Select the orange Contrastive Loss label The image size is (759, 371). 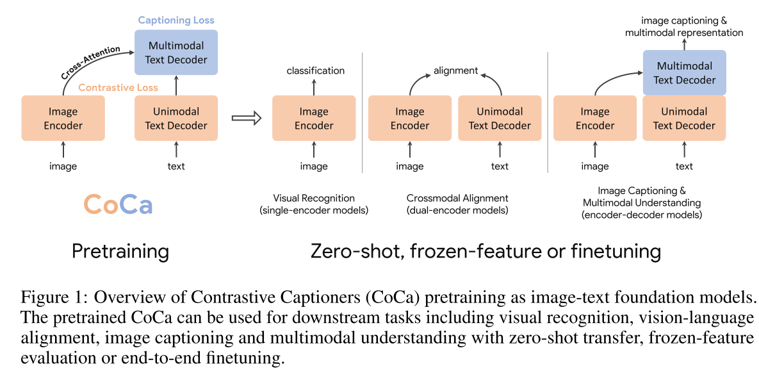[x=118, y=88]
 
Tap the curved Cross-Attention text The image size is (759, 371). [x=89, y=62]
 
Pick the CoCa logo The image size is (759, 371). [x=118, y=204]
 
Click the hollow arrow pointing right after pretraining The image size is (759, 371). [x=247, y=118]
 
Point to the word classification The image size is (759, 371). [x=315, y=70]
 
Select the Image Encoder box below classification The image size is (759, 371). [x=314, y=118]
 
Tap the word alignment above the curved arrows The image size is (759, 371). [x=455, y=70]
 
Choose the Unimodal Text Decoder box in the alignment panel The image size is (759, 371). [x=500, y=118]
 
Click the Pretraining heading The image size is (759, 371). [x=120, y=251]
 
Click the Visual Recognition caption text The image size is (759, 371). [x=314, y=198]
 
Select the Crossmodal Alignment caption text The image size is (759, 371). [x=457, y=198]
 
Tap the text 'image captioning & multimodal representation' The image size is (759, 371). [x=684, y=26]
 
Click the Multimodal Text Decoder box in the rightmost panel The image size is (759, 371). [x=684, y=73]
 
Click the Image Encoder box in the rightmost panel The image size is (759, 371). [x=594, y=118]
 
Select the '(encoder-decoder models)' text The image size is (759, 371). [x=641, y=215]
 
